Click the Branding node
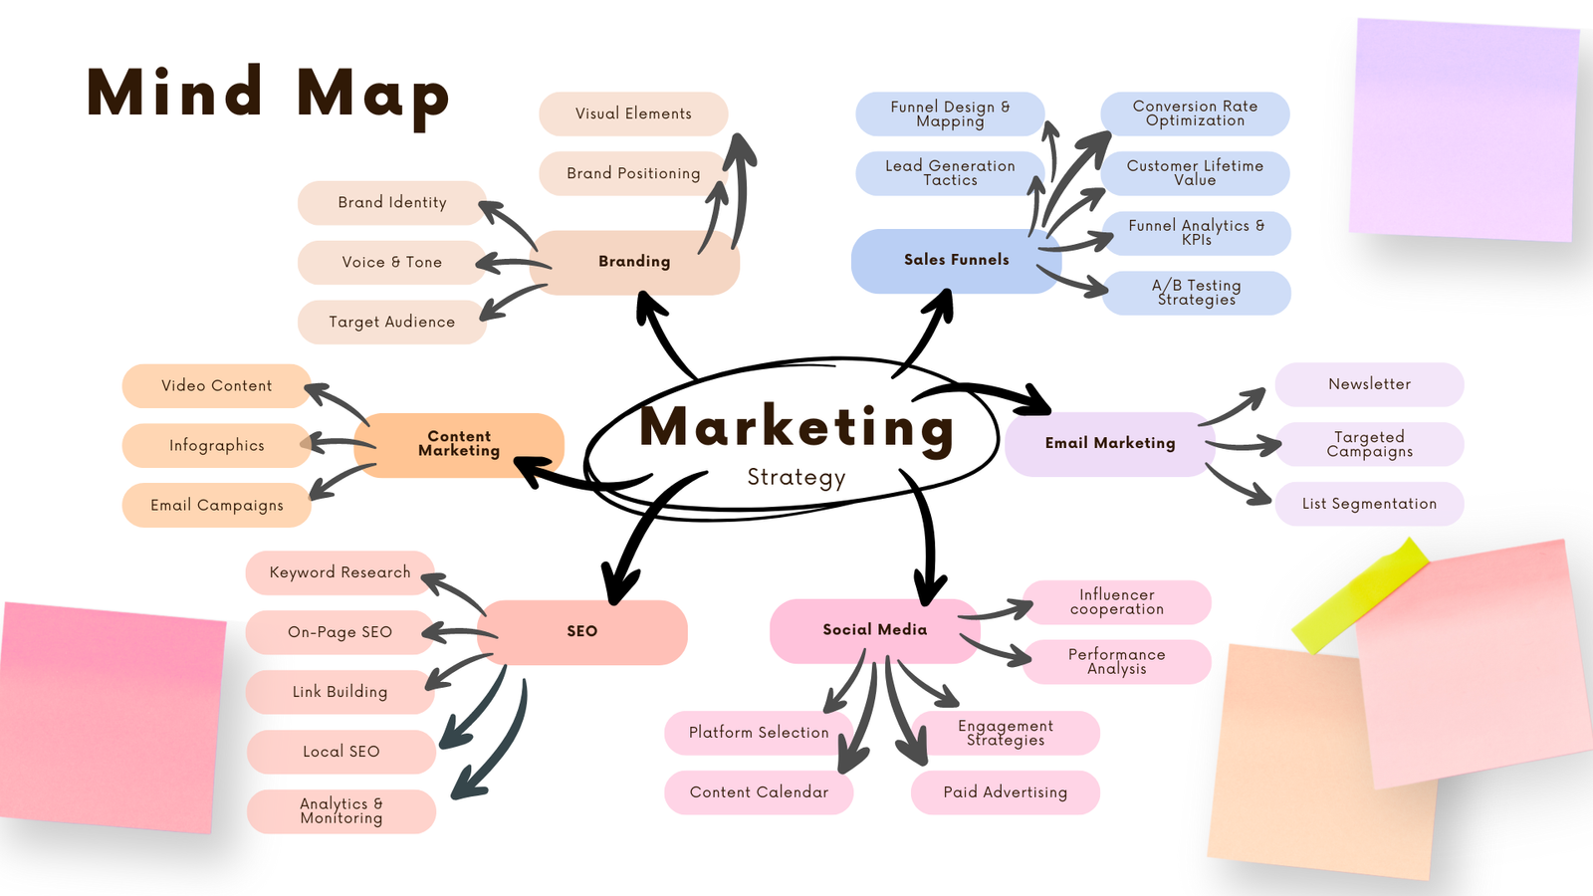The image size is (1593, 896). coord(634,262)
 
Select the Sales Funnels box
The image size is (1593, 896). coord(956,260)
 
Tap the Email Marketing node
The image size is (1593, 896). coord(1109,444)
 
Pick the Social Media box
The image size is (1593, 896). coord(874,630)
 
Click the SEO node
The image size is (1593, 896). coord(582,632)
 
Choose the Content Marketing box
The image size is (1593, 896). coord(459,444)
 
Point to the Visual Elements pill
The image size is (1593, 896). coord(633,114)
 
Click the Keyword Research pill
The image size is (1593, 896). coord(340,572)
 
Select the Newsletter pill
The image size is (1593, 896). coord(1369,384)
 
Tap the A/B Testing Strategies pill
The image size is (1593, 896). coord(1196,293)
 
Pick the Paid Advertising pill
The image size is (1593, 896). coord(1005,792)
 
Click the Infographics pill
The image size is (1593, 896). coord(216,446)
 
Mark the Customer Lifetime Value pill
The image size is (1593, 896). coord(1195,173)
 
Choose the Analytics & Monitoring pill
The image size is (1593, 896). coord(341,811)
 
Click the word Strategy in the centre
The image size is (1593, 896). coord(796,478)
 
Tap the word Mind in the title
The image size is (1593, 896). coord(175,94)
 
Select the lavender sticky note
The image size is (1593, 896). coord(1464,129)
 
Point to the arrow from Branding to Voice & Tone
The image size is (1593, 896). coord(512,265)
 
